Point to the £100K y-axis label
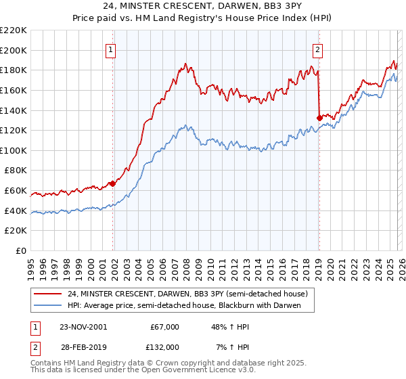14,150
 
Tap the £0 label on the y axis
20,251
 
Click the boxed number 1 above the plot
110,49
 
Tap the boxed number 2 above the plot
317,49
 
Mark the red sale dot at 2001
113,183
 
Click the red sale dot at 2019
319,118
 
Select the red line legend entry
187,294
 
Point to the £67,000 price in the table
164,327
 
